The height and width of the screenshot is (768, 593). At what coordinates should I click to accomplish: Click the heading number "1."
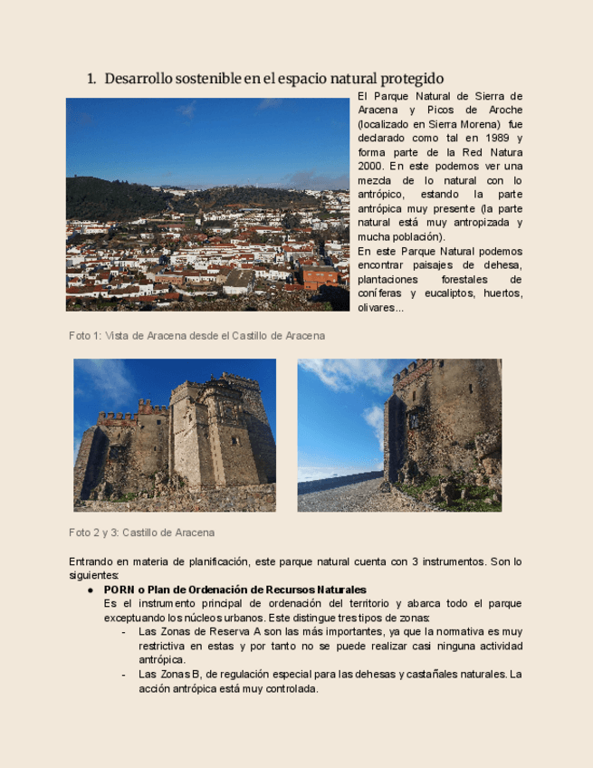point(91,79)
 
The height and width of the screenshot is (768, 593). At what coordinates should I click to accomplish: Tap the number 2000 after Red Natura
point(371,167)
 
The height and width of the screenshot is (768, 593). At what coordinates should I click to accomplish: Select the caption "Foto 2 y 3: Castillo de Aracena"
point(142,533)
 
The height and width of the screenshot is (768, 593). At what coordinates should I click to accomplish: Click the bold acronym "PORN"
point(120,590)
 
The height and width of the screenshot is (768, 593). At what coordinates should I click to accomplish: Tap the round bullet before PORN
point(91,590)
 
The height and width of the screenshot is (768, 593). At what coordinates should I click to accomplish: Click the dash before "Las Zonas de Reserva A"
point(123,631)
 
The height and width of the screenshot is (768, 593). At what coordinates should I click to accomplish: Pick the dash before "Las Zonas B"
point(123,675)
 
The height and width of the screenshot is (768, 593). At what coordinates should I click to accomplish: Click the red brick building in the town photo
point(319,277)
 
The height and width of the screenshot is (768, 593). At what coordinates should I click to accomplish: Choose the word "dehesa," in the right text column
point(501,264)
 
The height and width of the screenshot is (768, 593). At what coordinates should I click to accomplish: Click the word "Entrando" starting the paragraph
point(92,562)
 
